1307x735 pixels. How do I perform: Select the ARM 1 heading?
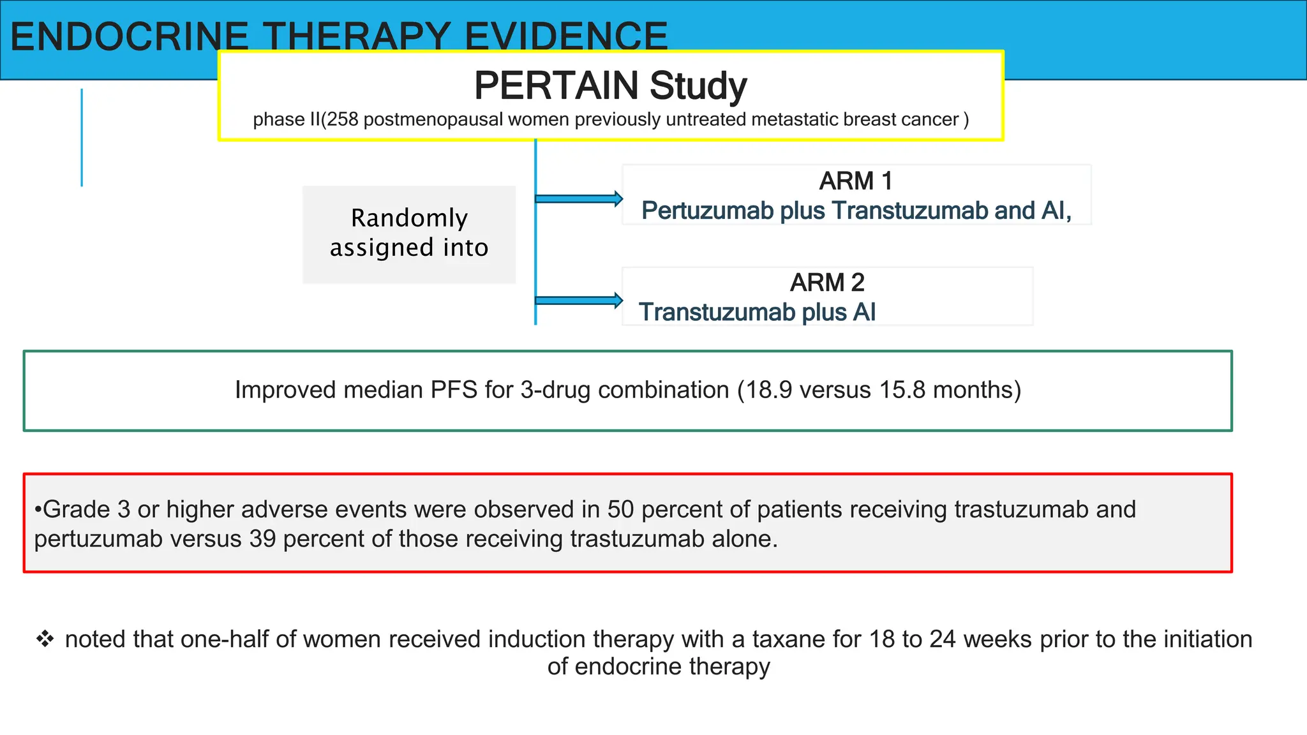[x=856, y=181]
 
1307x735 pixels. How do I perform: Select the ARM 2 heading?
[x=827, y=283]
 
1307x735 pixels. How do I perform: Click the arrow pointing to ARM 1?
[x=578, y=198]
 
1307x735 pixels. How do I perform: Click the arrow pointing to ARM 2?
[x=578, y=301]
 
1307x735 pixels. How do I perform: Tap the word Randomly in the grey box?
[x=409, y=218]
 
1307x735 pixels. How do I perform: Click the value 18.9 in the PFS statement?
[x=769, y=390]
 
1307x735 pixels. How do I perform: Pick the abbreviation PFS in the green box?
[x=454, y=390]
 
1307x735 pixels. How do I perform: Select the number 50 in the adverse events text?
[x=620, y=510]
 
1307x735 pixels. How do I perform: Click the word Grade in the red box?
[x=76, y=510]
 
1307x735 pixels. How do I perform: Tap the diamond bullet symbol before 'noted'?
[x=45, y=639]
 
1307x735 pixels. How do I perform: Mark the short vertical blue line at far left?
[x=82, y=137]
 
